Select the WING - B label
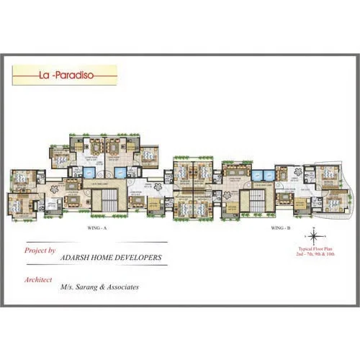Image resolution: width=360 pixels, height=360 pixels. pyautogui.click(x=280, y=228)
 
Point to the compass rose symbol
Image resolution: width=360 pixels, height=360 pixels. pyautogui.click(x=314, y=236)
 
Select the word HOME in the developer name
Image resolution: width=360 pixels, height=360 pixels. pyautogui.click(x=108, y=257)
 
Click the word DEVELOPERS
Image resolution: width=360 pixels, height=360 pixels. pyautogui.click(x=141, y=257)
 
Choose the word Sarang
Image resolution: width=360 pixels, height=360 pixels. pyautogui.click(x=86, y=287)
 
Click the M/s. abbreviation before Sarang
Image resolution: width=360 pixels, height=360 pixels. pyautogui.click(x=67, y=287)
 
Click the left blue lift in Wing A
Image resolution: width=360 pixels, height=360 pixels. pyautogui.click(x=90, y=173)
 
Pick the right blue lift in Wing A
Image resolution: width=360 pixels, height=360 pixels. pyautogui.click(x=119, y=173)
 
